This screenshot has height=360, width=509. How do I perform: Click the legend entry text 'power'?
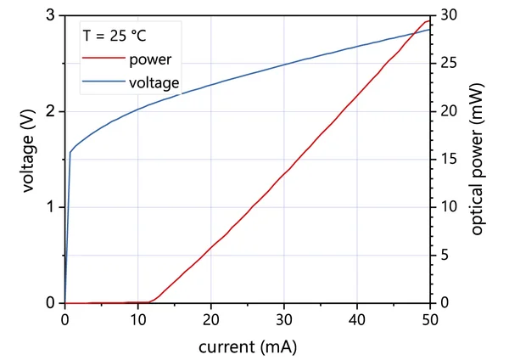point(151,60)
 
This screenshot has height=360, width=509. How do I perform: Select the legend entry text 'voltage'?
point(154,83)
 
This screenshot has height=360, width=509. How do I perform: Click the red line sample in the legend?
point(103,60)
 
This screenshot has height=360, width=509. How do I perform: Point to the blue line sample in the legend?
point(103,83)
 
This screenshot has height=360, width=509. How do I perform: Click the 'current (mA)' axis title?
point(248,346)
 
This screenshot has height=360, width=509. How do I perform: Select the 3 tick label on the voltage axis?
point(51,16)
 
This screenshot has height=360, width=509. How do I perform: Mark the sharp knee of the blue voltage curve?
point(70,153)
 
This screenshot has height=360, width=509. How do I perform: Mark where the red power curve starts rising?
point(151,301)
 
